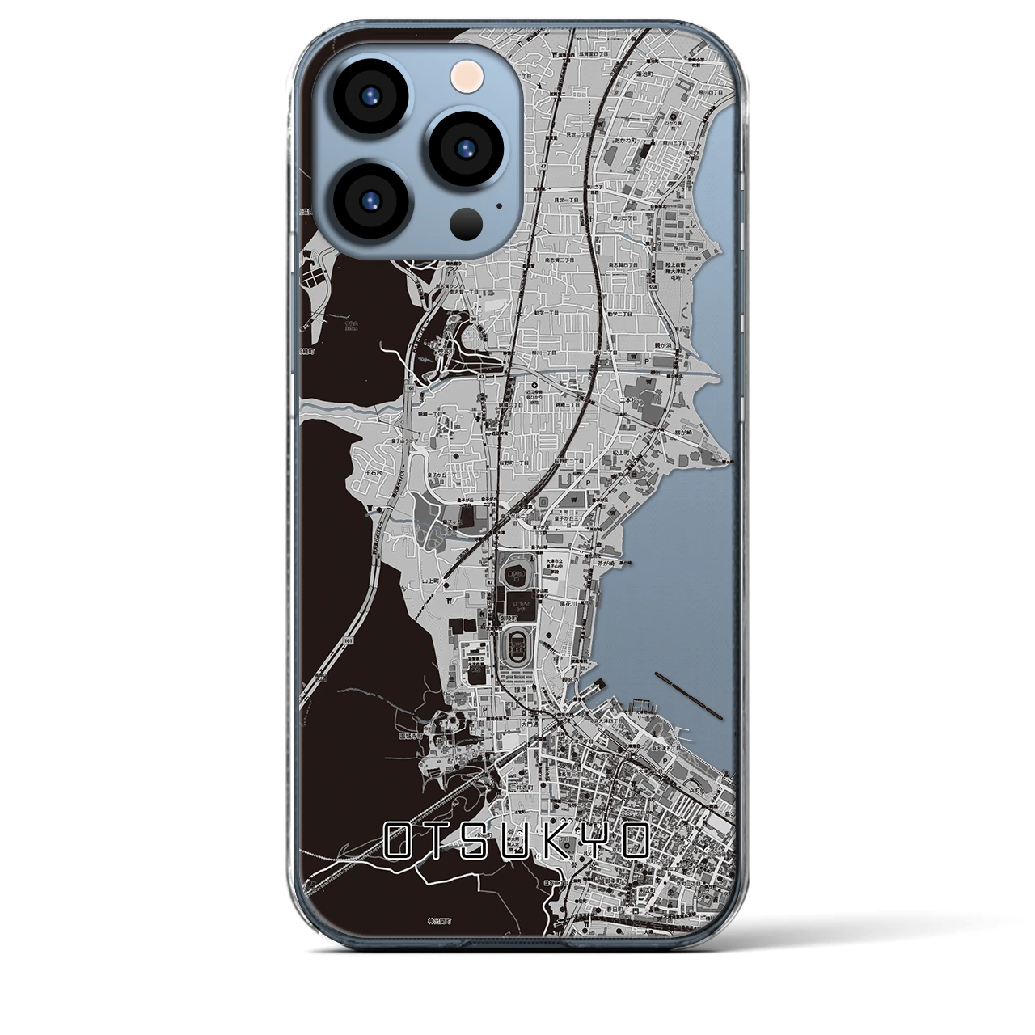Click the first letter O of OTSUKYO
[399, 842]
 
